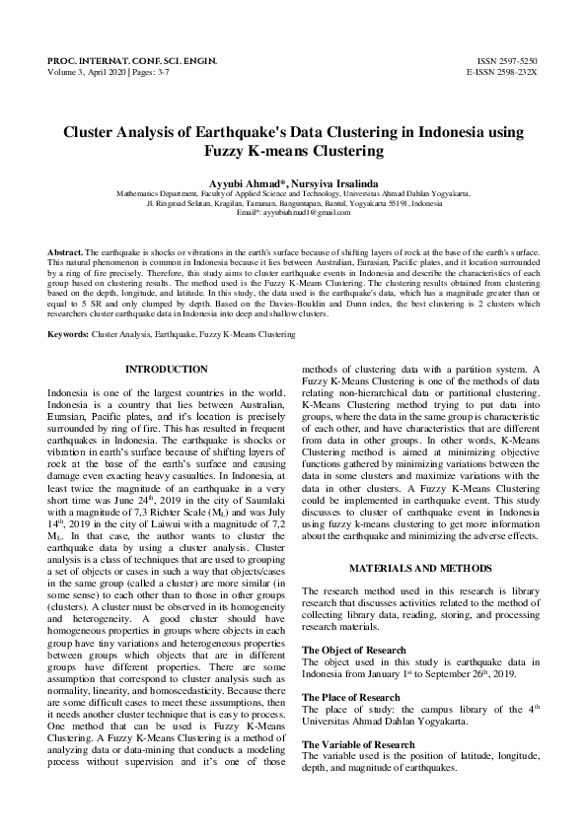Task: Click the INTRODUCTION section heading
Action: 167,370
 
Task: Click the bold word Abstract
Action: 65,254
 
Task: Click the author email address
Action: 307,212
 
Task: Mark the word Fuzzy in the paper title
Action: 230,151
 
